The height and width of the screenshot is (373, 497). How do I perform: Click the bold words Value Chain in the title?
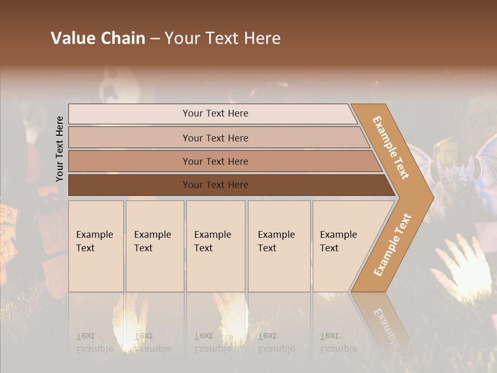(98, 38)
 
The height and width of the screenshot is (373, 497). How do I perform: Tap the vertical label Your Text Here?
(60, 149)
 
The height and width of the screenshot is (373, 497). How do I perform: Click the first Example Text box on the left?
(96, 246)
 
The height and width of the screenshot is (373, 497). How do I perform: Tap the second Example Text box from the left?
(155, 246)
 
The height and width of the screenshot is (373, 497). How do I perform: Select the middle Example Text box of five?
(215, 246)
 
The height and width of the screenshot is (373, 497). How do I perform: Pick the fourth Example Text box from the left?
(279, 246)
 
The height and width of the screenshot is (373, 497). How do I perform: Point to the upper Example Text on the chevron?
(391, 148)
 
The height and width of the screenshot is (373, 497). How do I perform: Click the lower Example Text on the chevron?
(392, 245)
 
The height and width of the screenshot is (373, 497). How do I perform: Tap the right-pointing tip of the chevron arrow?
(430, 197)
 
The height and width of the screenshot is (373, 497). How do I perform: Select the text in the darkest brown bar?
(215, 185)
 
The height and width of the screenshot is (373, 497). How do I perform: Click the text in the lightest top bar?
(215, 113)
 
